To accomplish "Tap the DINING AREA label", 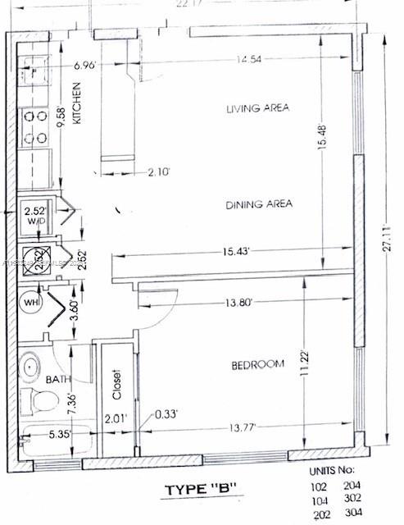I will coord(260,204).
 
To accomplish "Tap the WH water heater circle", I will coord(29,301).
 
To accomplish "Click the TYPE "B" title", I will coord(201,490).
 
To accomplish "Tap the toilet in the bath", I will coord(38,402).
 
